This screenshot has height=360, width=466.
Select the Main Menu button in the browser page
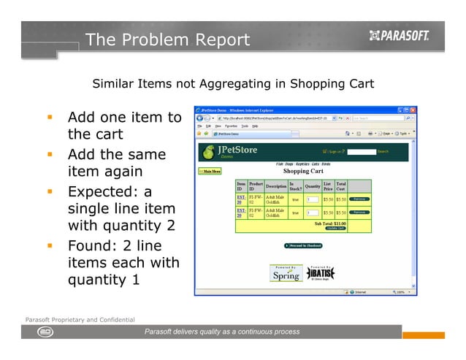[210, 171]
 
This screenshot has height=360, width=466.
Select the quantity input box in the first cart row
[312, 199]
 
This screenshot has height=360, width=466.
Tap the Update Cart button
[335, 229]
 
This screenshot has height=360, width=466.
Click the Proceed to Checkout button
[303, 246]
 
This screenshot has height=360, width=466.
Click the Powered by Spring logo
[286, 273]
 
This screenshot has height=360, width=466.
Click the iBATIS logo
[321, 273]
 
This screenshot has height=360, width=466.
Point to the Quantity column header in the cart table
[313, 186]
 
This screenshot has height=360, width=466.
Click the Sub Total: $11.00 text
[330, 223]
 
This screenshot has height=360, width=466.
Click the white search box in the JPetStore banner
[361, 151]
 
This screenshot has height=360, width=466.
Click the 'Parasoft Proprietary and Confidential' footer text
[80, 320]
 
